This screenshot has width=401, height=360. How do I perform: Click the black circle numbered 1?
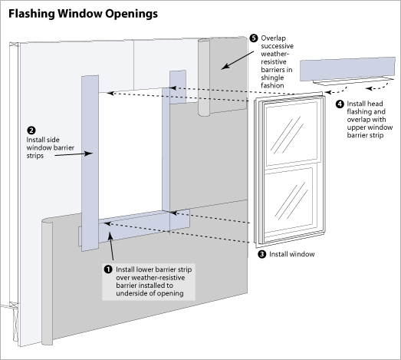[107, 270]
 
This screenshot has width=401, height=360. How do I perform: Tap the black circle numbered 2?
[30, 130]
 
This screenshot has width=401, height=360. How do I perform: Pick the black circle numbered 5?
[254, 38]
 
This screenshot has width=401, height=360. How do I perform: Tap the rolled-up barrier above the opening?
[203, 77]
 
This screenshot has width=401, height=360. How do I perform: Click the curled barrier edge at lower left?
[45, 246]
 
